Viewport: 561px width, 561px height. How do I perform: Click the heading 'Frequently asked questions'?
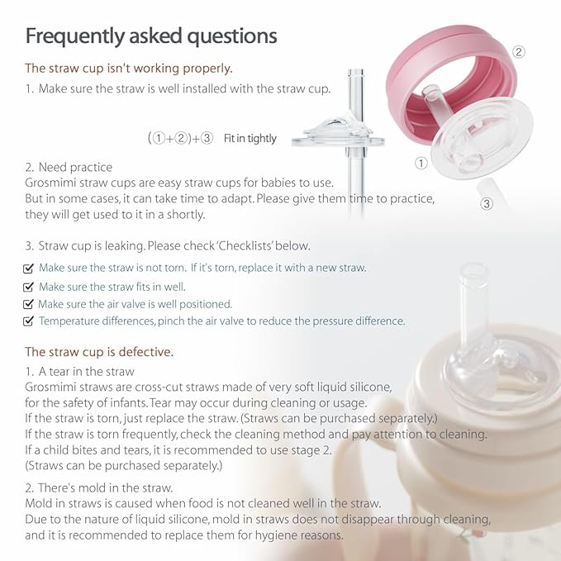click(150, 36)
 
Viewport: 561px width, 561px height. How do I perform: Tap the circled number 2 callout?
click(519, 52)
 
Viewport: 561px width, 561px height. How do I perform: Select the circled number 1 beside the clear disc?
click(421, 164)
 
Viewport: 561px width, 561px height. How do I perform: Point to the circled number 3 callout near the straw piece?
click(487, 203)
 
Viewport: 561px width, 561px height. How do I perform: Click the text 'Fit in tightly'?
click(250, 139)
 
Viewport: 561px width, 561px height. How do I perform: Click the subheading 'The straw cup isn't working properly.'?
click(128, 68)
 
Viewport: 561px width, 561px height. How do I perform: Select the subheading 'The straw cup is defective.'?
click(99, 351)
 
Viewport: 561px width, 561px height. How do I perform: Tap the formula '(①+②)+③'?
click(181, 139)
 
